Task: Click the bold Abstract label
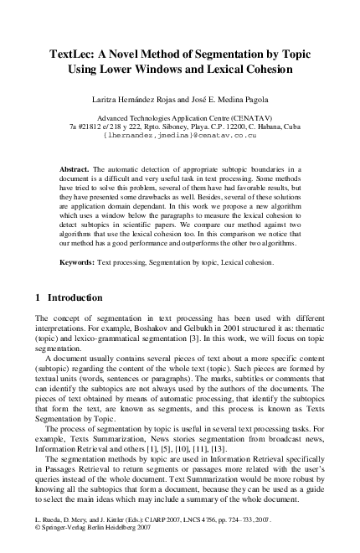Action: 75,169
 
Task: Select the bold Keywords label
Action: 78,262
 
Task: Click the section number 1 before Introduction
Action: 39,297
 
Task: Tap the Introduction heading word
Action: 75,297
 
